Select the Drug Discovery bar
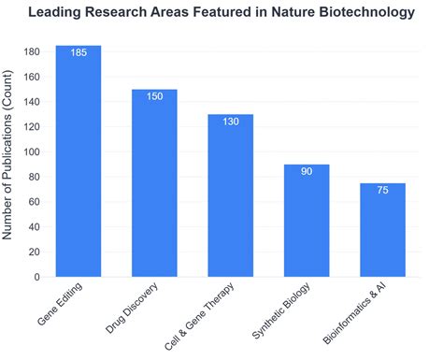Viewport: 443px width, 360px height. (154, 187)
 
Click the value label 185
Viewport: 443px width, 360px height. (79, 54)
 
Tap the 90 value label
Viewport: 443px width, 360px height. (307, 173)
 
